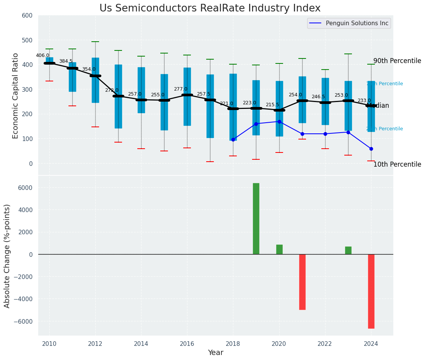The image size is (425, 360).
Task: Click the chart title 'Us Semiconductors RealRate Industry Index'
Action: [x=210, y=8]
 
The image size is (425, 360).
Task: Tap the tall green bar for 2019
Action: [x=256, y=219]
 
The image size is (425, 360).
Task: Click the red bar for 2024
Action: [x=371, y=291]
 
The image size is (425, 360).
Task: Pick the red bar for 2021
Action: [x=302, y=282]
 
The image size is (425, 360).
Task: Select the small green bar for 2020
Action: [x=279, y=250]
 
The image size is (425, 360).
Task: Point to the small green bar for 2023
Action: [x=348, y=250]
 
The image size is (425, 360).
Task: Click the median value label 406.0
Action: [x=42, y=55]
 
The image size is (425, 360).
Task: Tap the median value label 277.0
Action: [x=181, y=89]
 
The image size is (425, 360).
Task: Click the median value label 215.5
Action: [x=272, y=105]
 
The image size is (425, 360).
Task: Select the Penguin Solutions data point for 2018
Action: [x=233, y=139]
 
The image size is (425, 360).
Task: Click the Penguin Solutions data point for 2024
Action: [x=371, y=149]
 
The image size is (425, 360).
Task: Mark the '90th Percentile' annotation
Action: [x=397, y=61]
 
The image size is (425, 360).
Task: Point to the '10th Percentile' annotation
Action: [x=397, y=164]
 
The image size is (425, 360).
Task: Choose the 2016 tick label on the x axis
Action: [x=187, y=344]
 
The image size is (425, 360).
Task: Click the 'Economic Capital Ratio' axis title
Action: [x=16, y=95]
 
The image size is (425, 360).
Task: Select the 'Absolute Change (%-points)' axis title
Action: [x=7, y=256]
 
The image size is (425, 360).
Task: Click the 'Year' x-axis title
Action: [x=215, y=353]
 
